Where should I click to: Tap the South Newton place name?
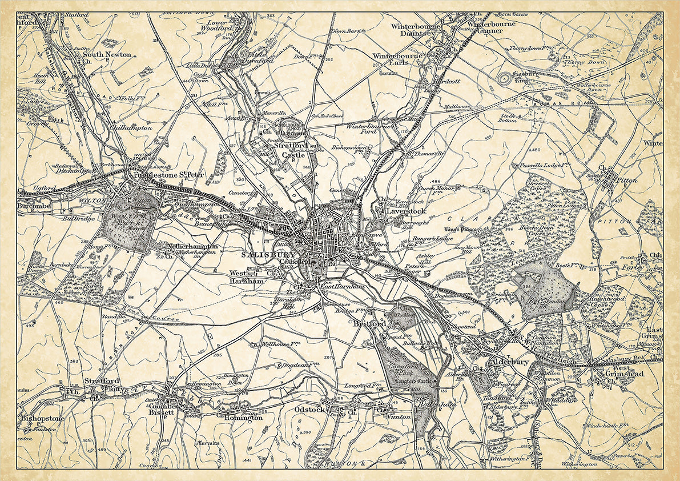click(x=107, y=55)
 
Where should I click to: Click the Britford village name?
click(x=370, y=324)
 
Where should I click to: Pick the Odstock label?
click(x=309, y=410)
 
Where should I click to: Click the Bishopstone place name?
click(x=42, y=419)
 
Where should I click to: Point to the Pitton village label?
click(x=627, y=180)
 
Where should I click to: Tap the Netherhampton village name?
click(x=194, y=246)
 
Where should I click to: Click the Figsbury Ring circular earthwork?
click(x=506, y=78)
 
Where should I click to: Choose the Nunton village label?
click(x=400, y=417)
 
